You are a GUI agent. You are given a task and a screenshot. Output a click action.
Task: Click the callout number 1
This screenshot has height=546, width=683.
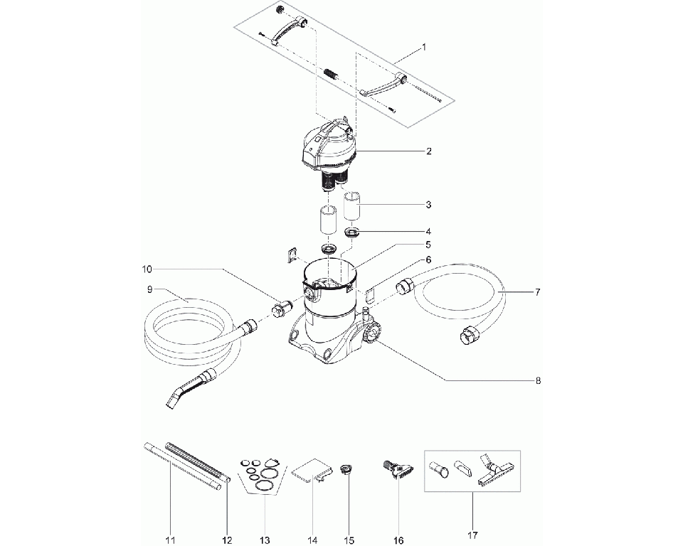click(x=425, y=48)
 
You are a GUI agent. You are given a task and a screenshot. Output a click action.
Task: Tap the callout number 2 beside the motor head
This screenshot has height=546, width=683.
click(x=428, y=151)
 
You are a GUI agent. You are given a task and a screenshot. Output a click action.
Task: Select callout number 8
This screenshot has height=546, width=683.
click(x=538, y=381)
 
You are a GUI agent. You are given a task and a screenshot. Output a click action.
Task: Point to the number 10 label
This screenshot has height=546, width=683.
click(x=147, y=269)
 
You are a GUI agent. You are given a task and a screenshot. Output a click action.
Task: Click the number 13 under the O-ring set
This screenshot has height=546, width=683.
click(x=265, y=540)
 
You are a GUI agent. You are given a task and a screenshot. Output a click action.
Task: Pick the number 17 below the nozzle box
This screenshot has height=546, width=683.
click(x=472, y=535)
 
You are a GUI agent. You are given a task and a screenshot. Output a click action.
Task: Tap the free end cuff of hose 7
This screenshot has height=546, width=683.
click(x=469, y=336)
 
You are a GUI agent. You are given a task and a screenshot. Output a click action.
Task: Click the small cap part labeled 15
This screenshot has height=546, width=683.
click(x=346, y=470)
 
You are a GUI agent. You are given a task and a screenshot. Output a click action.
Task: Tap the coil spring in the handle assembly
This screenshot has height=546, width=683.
click(x=332, y=74)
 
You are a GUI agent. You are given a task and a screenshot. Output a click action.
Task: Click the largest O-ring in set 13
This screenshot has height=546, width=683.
click(x=265, y=485)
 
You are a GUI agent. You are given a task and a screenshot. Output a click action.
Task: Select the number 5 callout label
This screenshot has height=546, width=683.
click(x=428, y=245)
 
